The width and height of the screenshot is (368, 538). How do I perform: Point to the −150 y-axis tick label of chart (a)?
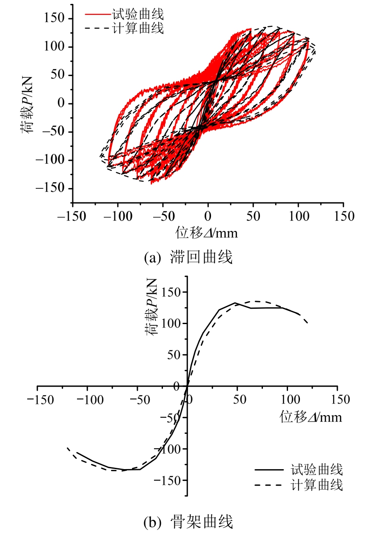point(50,188)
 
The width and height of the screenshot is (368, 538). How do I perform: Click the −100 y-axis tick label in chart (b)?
point(168,449)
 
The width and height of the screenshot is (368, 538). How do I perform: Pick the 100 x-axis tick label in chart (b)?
point(288,400)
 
